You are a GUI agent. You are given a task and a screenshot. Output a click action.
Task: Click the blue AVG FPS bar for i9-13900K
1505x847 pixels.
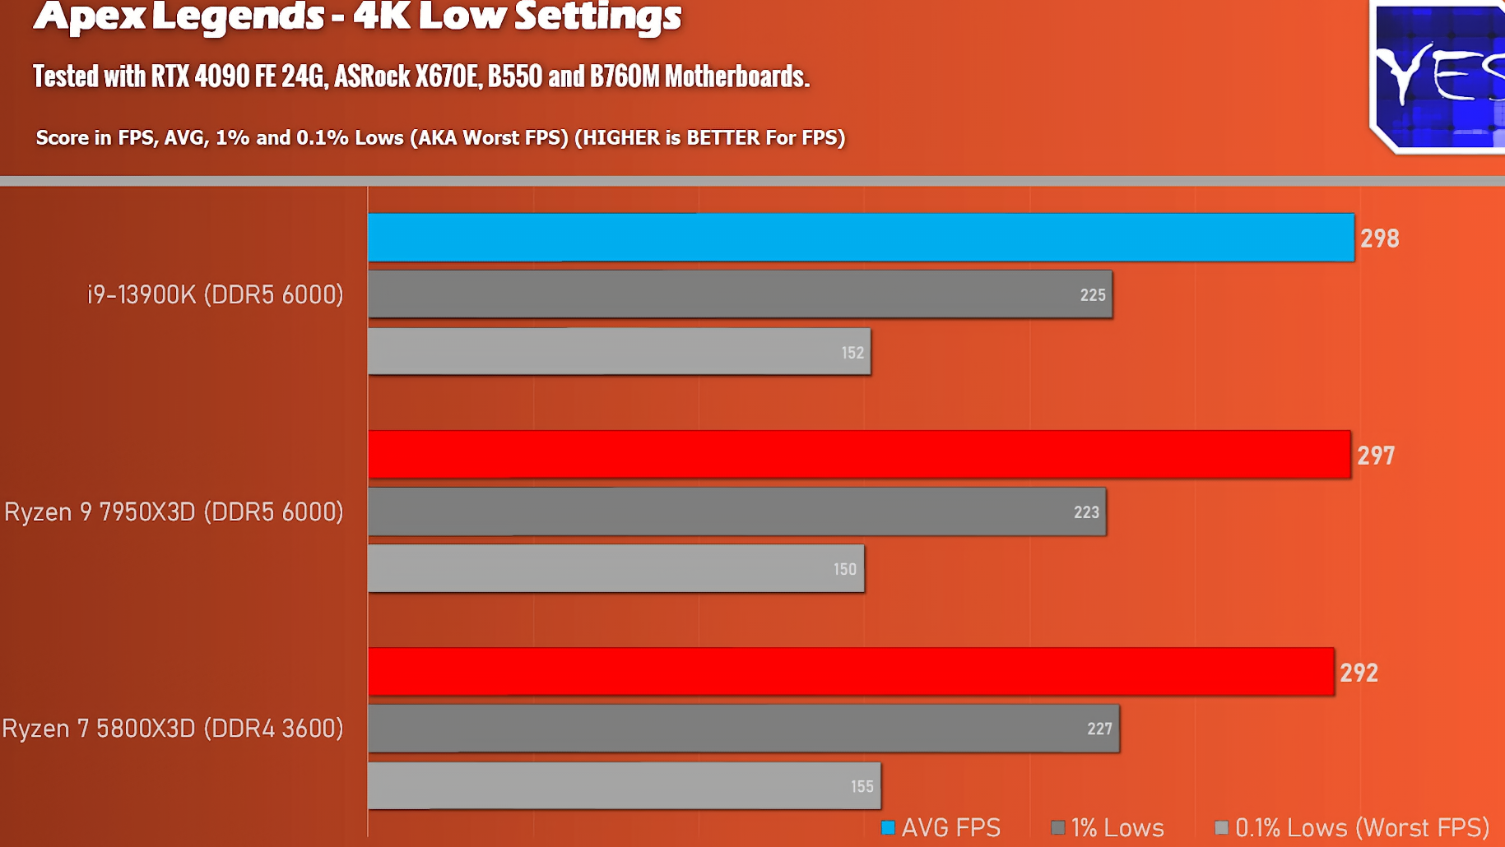(860, 238)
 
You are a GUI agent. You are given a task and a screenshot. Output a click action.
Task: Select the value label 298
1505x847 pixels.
(1379, 238)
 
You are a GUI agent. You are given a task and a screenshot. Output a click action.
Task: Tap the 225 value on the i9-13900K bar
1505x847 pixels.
(1092, 294)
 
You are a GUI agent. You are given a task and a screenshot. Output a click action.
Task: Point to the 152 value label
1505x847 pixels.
(852, 353)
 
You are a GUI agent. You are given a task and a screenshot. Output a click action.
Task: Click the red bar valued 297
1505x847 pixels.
(858, 455)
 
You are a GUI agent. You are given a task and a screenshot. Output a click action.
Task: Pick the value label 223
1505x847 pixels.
(1085, 512)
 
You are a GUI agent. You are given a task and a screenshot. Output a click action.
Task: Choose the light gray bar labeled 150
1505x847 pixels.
(615, 569)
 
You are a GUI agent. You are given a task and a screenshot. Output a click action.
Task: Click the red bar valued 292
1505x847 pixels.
(850, 672)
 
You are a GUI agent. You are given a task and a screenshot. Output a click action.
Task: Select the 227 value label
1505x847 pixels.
(1099, 729)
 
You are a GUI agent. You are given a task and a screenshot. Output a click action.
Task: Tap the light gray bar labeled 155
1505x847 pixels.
(624, 786)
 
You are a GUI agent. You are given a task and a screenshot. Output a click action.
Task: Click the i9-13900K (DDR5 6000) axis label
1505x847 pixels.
(215, 294)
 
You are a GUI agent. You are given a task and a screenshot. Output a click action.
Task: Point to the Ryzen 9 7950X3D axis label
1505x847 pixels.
(174, 511)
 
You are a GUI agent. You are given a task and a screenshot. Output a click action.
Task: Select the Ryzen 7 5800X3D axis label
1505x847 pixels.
(172, 729)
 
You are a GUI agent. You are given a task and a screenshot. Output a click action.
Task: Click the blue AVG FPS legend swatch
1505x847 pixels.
(888, 827)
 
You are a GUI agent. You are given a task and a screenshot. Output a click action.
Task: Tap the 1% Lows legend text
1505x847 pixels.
(1117, 827)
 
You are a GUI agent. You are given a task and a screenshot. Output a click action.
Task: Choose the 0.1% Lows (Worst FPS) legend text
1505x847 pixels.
(1361, 827)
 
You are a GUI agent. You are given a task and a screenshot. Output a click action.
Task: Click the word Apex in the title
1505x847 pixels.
(91, 16)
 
